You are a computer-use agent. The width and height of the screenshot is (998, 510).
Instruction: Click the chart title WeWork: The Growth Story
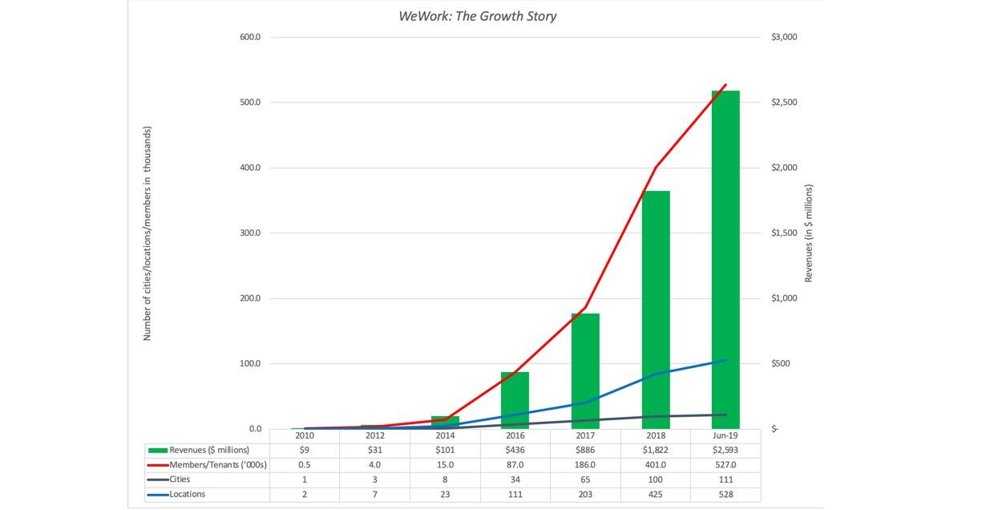477,16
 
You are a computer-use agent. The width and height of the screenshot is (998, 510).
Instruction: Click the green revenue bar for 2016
515,400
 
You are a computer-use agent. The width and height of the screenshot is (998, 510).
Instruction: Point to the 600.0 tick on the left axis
250,38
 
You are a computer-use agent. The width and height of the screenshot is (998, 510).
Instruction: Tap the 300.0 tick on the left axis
250,233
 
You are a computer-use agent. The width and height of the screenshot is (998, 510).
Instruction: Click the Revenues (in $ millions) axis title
809,233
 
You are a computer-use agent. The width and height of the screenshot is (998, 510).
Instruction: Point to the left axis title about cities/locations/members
147,233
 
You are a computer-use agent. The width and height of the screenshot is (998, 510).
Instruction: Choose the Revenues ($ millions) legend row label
209,450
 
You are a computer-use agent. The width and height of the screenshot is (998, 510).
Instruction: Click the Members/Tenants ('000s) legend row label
217,465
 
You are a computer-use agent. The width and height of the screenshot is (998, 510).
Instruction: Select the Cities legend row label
180,480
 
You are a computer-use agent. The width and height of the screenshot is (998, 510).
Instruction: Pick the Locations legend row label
187,494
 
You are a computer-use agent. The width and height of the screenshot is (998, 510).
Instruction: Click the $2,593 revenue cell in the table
725,450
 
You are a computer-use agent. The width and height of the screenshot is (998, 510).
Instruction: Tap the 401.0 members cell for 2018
655,465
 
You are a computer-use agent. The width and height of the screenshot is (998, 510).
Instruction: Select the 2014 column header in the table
445,435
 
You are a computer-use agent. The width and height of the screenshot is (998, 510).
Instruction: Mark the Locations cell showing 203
585,494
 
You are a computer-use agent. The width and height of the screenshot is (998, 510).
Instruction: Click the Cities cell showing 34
515,480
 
